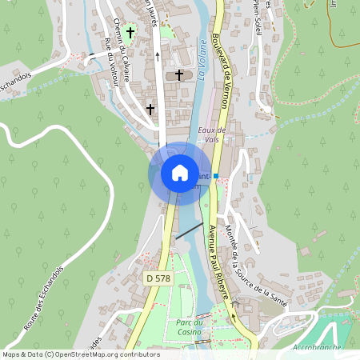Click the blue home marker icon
tap(179, 172)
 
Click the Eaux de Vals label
tap(211, 134)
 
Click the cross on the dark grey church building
tap(179, 75)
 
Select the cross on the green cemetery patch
tap(130, 33)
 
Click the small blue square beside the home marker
tap(216, 175)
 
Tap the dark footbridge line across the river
tap(189, 231)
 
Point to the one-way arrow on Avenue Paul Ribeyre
tap(234, 314)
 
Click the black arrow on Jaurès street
tap(157, 56)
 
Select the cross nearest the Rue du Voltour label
tap(150, 108)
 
